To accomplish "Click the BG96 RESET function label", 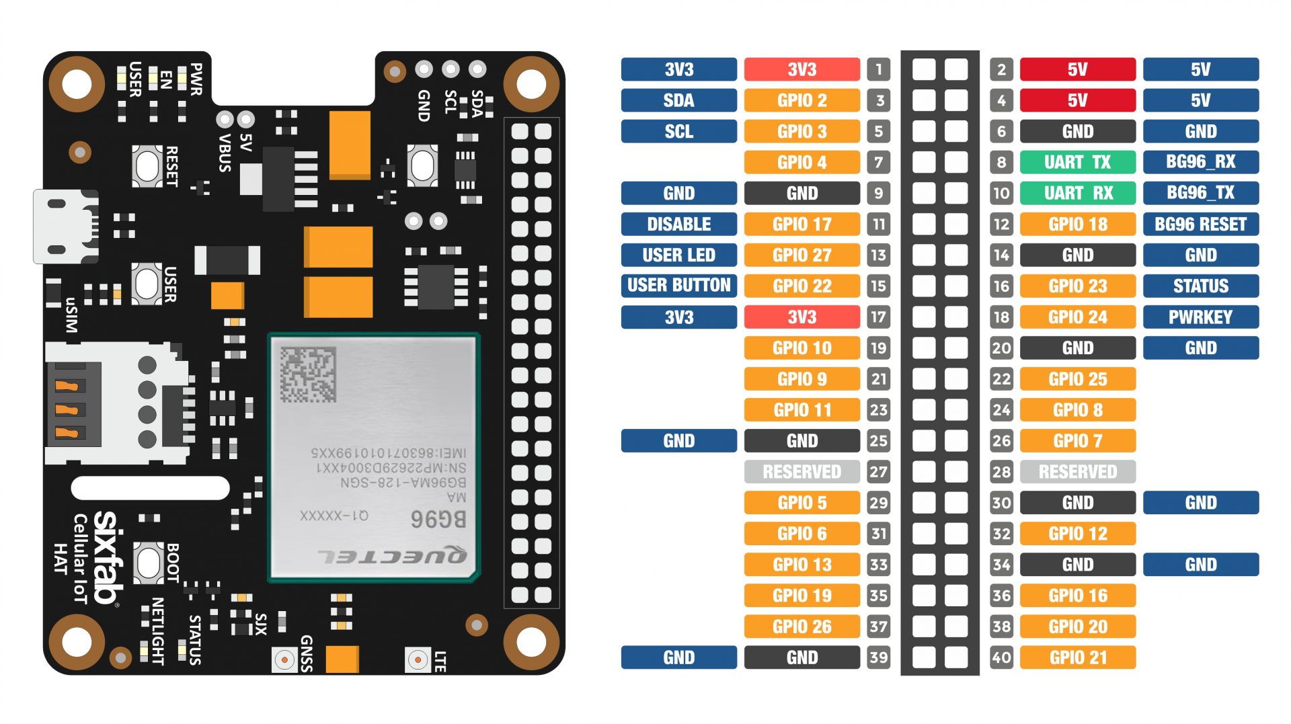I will tap(1200, 224).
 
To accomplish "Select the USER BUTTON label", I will tap(678, 286).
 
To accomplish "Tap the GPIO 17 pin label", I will tap(801, 224).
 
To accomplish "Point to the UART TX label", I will tap(1077, 162).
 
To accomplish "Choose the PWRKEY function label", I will tap(1200, 317).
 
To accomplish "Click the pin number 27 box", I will tap(878, 472).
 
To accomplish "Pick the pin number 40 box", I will tap(1001, 657).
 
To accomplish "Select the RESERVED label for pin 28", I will tap(1077, 472).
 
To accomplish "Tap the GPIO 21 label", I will tap(1077, 657).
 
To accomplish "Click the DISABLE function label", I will tap(678, 224).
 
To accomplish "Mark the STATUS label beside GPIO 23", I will tap(1200, 286).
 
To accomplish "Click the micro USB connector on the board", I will tap(64, 227).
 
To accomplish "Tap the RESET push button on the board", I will tap(147, 165).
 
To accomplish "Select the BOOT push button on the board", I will tap(148, 561).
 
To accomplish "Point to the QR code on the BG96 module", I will tap(308, 374).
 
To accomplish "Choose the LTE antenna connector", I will tap(418, 660).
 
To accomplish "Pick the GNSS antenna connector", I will tap(284, 660).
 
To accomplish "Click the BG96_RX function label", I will tap(1200, 162).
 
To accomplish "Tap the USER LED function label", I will tap(678, 255).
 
